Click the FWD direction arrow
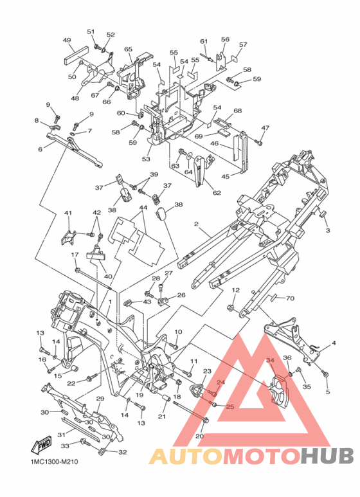click(40, 446)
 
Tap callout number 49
click(67, 41)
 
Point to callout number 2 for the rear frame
click(196, 224)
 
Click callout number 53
click(146, 159)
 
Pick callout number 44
click(143, 207)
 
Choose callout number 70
click(290, 298)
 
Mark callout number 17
click(75, 255)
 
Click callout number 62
click(217, 193)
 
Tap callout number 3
click(328, 230)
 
